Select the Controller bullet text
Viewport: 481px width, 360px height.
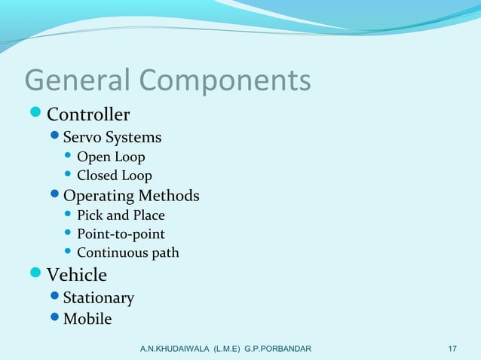coord(88,114)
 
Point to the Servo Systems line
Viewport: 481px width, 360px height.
coord(112,138)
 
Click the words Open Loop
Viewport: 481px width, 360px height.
coord(111,157)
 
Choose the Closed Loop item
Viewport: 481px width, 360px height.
coord(115,176)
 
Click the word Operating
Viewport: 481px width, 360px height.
coord(97,196)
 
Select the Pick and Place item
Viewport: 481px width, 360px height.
coord(121,215)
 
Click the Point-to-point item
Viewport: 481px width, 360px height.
coord(121,234)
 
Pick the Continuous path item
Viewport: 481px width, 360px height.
coord(128,253)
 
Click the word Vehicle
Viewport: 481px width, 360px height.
coord(77,275)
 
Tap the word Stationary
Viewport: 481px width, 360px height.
coord(99,298)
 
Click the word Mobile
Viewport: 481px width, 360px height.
coord(87,319)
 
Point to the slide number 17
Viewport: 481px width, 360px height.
coord(452,349)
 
